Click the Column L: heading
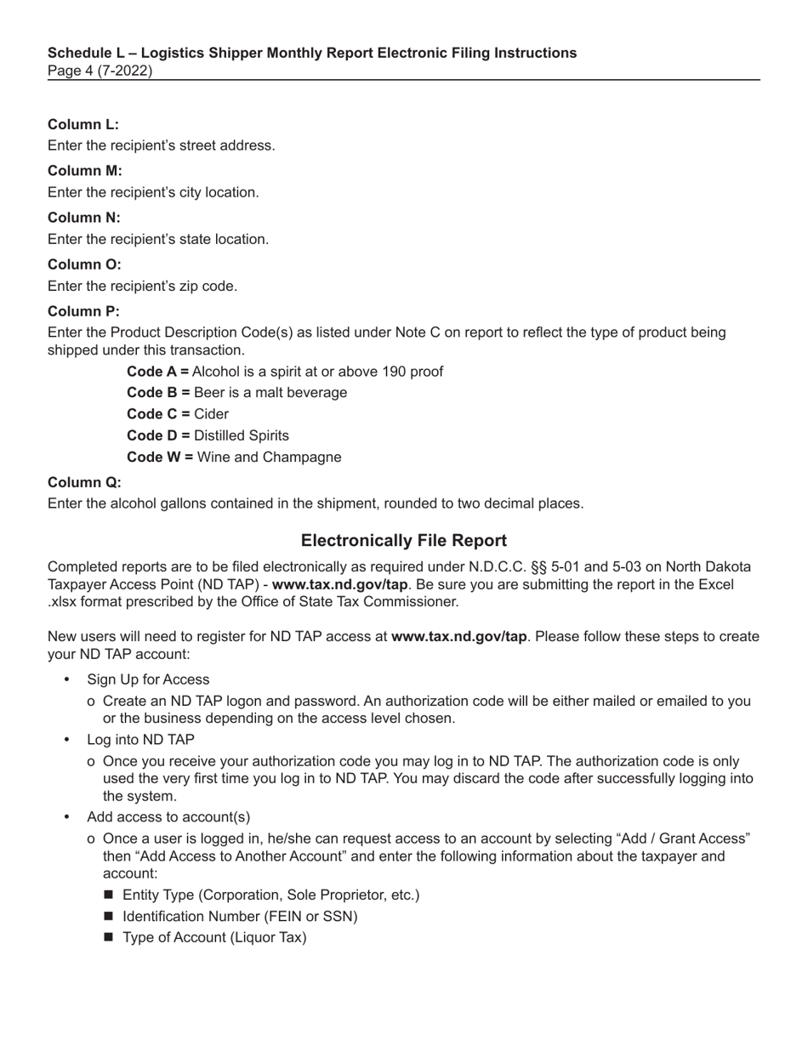tap(83, 125)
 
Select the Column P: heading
tap(83, 311)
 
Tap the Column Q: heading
tap(84, 483)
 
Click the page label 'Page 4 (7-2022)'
tap(100, 71)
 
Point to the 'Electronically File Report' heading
tap(404, 541)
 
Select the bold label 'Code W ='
tap(159, 458)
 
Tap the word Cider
tap(211, 414)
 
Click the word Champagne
tap(302, 458)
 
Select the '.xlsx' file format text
tap(65, 602)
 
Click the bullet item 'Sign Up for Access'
tap(148, 679)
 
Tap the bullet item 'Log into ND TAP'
tap(140, 740)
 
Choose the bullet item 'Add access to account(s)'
tap(168, 817)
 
